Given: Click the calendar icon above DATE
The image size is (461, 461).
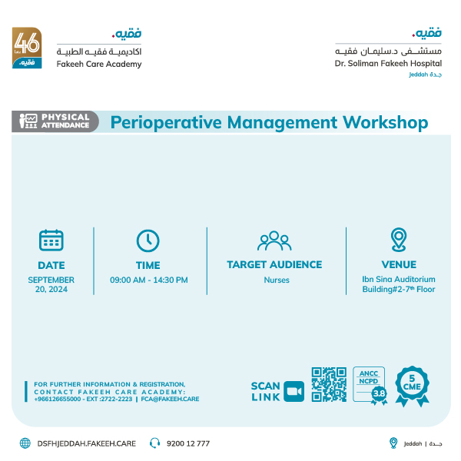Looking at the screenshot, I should pos(51,240).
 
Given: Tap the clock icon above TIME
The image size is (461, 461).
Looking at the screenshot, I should pos(148,240).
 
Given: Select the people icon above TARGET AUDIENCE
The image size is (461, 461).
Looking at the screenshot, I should pos(274,240).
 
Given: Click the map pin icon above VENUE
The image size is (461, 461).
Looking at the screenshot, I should pos(398,239).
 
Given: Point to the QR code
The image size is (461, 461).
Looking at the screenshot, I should pos(329,385).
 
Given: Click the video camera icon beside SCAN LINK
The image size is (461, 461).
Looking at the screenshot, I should pos(294,391).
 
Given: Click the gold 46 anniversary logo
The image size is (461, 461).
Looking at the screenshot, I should pos(27,48).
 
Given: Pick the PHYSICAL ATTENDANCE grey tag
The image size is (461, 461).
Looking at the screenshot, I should pos(55,121).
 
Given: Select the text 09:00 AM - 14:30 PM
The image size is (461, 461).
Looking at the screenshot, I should pos(148,280).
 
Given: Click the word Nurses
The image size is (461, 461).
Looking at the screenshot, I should pos(277,280).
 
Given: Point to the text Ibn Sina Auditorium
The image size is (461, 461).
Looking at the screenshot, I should pos(399,280).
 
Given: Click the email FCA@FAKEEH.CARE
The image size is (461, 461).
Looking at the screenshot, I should pos(170,400).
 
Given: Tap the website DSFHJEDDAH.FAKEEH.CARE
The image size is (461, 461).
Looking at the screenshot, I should pos(86,443).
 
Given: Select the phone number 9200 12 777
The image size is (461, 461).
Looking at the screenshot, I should pos(188,443).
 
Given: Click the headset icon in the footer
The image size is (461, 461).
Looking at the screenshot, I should pos(154,443).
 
